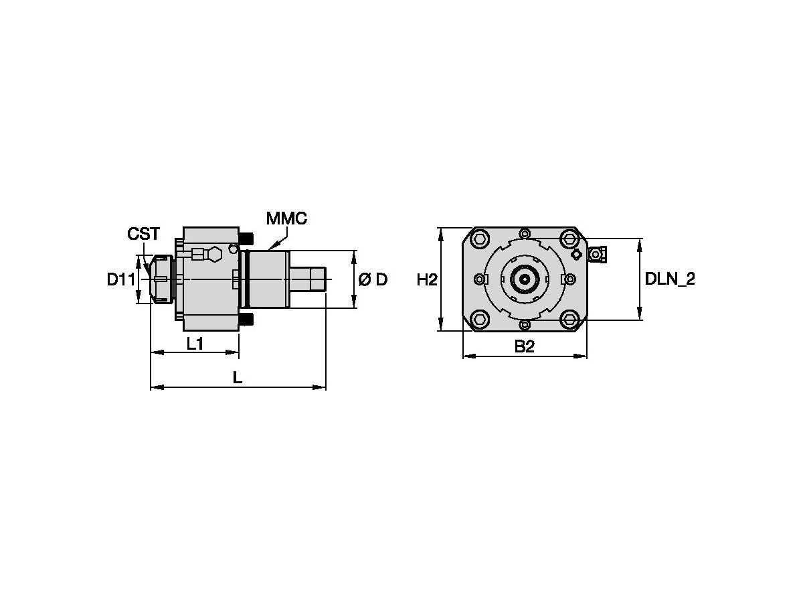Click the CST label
click(144, 234)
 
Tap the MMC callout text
click(286, 219)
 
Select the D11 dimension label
click(121, 280)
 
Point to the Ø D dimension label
click(373, 280)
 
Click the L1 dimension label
click(195, 344)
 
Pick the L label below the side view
click(237, 379)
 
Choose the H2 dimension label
click(427, 280)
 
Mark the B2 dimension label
click(525, 347)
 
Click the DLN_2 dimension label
click(670, 280)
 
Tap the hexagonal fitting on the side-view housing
click(215, 254)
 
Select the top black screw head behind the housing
click(246, 239)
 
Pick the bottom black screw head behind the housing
click(246, 319)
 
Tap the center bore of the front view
click(525, 279)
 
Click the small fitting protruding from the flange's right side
click(597, 254)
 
